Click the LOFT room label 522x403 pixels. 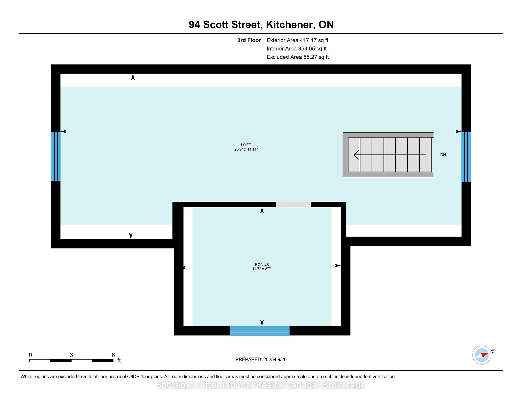tap(246, 145)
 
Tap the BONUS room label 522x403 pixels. tap(262, 265)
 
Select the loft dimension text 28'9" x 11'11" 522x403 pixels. tap(246, 149)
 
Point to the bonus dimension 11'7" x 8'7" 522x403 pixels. tap(262, 269)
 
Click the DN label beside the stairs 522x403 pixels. tap(443, 155)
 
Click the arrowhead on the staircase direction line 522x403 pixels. tap(356, 155)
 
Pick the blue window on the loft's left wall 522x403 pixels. tap(56, 156)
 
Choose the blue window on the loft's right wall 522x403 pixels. tap(466, 157)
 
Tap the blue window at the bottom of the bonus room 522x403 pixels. tap(260, 331)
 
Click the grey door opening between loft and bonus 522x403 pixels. tap(293, 204)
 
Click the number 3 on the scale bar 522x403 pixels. tap(71, 355)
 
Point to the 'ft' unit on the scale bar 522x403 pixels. tap(119, 361)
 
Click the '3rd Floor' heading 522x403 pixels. tap(249, 40)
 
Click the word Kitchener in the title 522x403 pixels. tap(290, 25)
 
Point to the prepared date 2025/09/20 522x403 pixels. tap(275, 360)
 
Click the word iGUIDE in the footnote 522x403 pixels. tap(132, 377)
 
